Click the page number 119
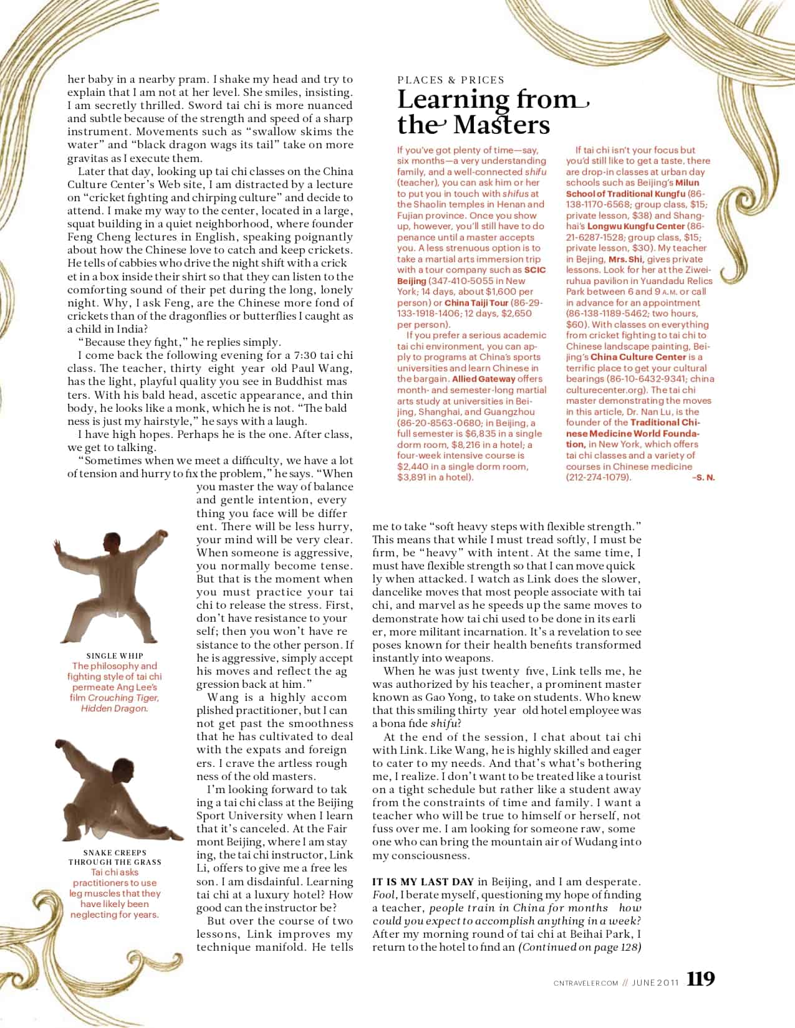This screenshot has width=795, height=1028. (701, 979)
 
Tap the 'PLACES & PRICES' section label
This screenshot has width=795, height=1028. (451, 80)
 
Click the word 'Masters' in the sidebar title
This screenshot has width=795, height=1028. (502, 125)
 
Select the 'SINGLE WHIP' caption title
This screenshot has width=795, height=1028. (114, 655)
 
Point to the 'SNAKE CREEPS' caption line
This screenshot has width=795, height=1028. (115, 852)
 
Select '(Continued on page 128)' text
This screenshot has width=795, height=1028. (580, 947)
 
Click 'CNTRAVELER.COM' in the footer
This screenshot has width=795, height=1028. (585, 983)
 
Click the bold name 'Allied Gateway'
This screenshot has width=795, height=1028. (484, 379)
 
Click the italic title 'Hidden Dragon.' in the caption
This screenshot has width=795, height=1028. (115, 708)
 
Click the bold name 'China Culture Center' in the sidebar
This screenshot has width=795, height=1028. (638, 357)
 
